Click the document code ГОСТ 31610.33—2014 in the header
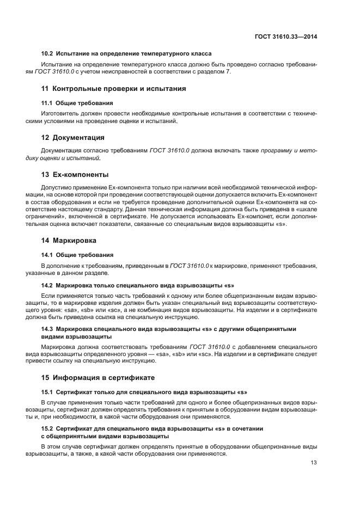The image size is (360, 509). click(x=286, y=36)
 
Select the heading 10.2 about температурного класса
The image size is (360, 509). click(x=126, y=53)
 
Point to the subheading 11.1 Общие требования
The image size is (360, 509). click(x=77, y=102)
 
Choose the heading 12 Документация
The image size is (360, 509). click(x=73, y=137)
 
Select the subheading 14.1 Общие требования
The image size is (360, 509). click(x=77, y=254)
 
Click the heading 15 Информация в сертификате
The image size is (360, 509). click(x=98, y=377)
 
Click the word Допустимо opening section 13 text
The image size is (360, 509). click(x=56, y=187)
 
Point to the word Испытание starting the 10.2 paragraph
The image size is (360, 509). click(x=57, y=64)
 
